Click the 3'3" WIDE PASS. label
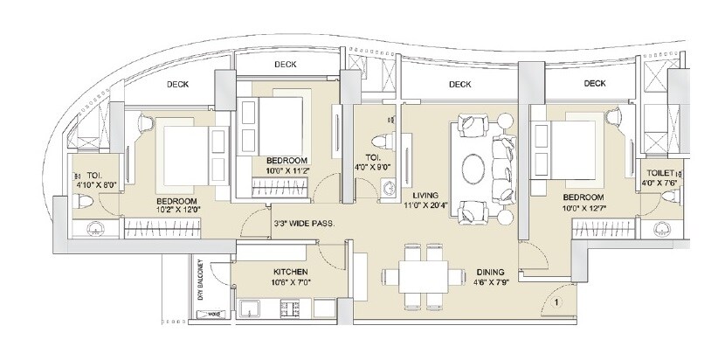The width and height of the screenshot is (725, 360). click(306, 223)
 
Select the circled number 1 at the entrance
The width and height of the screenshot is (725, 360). click(556, 303)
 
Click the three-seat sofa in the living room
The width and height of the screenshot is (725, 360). click(504, 168)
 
